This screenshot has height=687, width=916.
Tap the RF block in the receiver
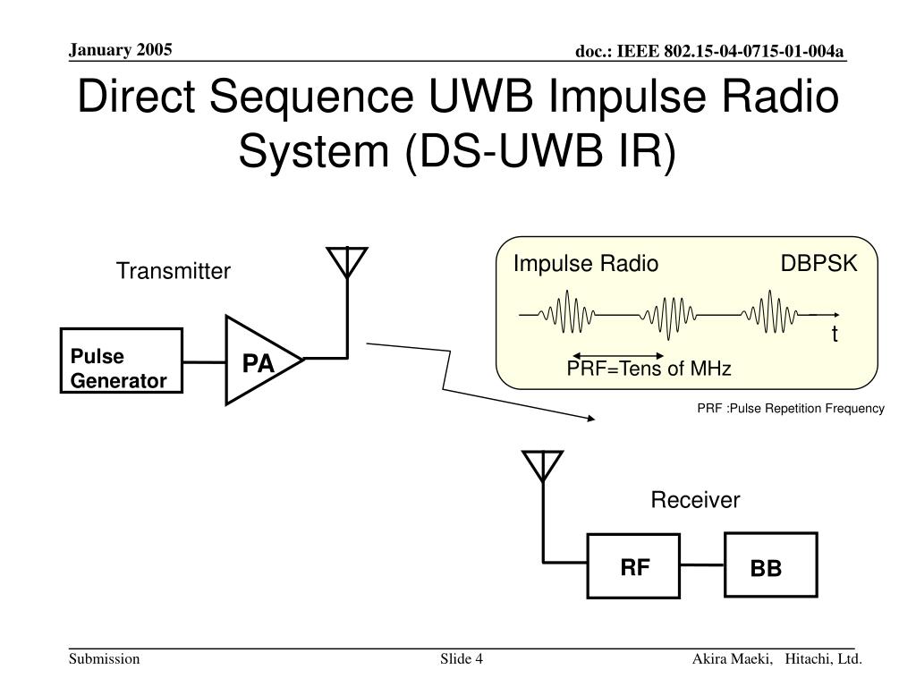click(x=634, y=565)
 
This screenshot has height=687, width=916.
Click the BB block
click(x=770, y=565)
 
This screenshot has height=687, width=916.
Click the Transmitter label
click(x=173, y=271)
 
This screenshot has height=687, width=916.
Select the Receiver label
click(x=695, y=500)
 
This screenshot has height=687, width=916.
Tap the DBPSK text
click(x=818, y=264)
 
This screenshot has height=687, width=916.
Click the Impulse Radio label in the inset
click(x=585, y=264)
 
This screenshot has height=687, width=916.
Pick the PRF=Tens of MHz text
click(x=649, y=369)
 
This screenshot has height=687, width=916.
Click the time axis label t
click(x=835, y=335)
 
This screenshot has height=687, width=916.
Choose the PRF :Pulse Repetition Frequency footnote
click(x=791, y=408)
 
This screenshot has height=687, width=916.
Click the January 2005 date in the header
click(x=121, y=49)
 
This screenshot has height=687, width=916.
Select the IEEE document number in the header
click(x=709, y=51)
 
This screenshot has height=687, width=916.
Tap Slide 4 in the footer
click(x=461, y=659)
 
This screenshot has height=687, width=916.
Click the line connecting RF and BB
click(x=703, y=565)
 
